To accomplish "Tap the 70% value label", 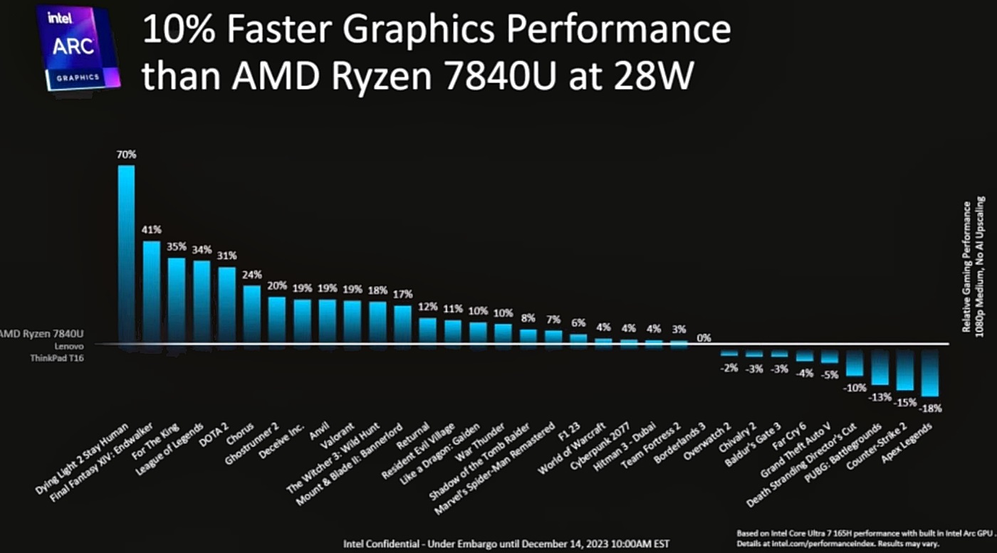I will (127, 154).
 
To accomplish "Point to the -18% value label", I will (931, 409).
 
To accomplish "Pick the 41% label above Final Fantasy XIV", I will (152, 230).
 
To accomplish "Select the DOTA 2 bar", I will (227, 305).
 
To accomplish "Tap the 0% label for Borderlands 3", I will (704, 338).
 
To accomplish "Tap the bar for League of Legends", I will (202, 302).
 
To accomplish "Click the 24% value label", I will (252, 274).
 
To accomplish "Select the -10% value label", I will (855, 388).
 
